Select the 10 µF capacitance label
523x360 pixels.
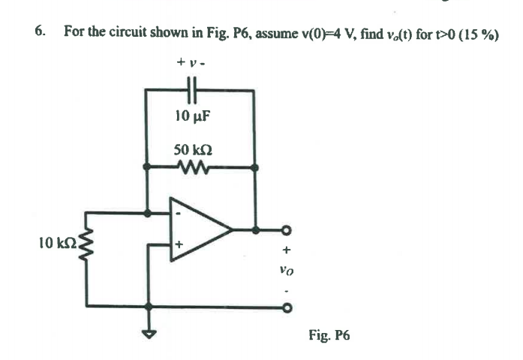coord(192,116)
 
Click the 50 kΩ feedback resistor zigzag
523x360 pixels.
coord(194,166)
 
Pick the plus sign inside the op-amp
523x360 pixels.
coord(179,244)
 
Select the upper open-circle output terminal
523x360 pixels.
coord(286,229)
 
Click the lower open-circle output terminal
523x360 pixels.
coord(286,306)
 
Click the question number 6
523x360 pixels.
coord(38,31)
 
